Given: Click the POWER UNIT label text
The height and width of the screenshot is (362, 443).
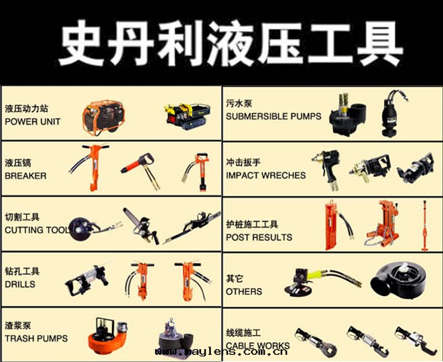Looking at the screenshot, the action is pyautogui.click(x=33, y=122).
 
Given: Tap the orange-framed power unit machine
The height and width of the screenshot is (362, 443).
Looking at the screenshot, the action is pyautogui.click(x=104, y=117).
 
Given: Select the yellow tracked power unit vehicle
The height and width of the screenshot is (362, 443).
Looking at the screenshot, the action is pyautogui.click(x=188, y=116).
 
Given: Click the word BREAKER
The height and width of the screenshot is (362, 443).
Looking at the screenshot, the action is pyautogui.click(x=25, y=176).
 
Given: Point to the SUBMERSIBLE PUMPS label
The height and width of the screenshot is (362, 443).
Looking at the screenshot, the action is pyautogui.click(x=274, y=116).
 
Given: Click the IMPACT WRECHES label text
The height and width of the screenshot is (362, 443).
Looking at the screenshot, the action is pyautogui.click(x=266, y=175).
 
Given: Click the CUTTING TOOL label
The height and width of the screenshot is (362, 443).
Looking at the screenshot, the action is pyautogui.click(x=37, y=230).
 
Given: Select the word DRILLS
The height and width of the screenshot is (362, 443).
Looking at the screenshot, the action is pyautogui.click(x=20, y=285).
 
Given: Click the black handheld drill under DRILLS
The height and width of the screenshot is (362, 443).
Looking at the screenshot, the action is pyautogui.click(x=87, y=280).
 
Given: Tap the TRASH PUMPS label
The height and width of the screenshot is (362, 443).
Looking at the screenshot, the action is pyautogui.click(x=36, y=338).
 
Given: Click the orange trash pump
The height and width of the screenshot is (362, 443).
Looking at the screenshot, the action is pyautogui.click(x=107, y=335).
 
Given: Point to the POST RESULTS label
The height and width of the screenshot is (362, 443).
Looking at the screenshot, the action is pyautogui.click(x=259, y=237).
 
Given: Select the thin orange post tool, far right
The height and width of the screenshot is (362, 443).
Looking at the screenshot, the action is pyautogui.click(x=424, y=226).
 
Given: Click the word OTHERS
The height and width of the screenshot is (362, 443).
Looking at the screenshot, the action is pyautogui.click(x=244, y=291).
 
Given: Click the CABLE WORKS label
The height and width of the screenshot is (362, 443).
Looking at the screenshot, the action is pyautogui.click(x=257, y=345).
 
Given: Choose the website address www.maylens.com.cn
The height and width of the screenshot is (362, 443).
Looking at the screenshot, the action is pyautogui.click(x=221, y=352).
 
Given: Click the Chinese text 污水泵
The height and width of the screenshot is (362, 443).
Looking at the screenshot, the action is pyautogui.click(x=239, y=104).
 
